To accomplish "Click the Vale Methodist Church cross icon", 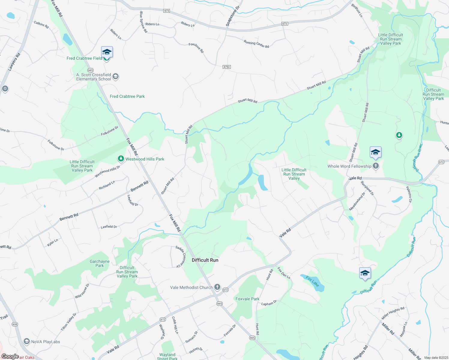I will coord(217,287).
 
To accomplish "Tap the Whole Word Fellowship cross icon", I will coord(376,166).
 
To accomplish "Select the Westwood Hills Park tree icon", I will coord(121,158).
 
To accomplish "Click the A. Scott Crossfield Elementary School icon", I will coord(116,76).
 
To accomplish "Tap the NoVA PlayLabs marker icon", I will coord(27,341).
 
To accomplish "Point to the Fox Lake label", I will coord(312,282).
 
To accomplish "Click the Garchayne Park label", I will coord(100,263).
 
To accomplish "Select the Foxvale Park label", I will coord(247,299).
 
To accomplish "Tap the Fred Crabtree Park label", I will coord(127,96).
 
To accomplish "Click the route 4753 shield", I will coord(227,67).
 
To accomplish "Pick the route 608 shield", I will coord(15,324).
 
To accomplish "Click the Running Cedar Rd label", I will coord(256,44).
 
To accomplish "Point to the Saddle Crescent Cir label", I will coord(181,256).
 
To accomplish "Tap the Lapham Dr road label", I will coord(269,303).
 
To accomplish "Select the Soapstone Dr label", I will coord(233,16).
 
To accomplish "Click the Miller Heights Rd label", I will coord(393,313).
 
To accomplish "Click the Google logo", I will coord(10,356).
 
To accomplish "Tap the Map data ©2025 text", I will coord(436,358).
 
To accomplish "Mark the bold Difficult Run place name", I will coord(205,260).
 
